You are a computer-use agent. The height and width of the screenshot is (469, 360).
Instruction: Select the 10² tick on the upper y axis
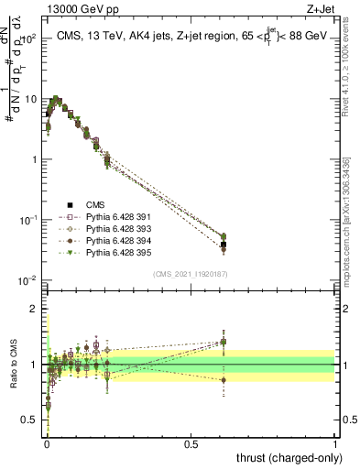tap(29, 38)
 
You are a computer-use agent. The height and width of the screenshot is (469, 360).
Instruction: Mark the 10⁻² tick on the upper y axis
tap(29, 280)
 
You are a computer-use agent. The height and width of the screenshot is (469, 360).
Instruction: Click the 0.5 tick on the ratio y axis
tap(32, 420)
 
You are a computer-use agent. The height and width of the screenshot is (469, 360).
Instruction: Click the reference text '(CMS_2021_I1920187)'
tap(190, 274)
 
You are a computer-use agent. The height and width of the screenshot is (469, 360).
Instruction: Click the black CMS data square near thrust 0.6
tap(224, 245)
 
